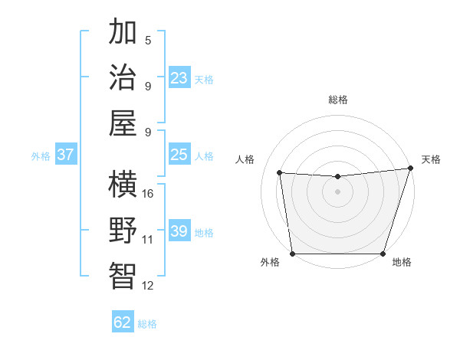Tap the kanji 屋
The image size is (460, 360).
point(123,123)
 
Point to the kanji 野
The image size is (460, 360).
point(123,230)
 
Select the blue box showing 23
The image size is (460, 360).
point(179,78)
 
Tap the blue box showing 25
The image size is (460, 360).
point(179,155)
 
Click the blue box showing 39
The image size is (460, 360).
point(179,231)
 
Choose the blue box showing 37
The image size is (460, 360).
point(65,155)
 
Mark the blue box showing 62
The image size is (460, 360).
point(123,322)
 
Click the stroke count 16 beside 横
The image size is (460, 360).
point(148,193)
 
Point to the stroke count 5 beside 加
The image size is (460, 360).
point(148,40)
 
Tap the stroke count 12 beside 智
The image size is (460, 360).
point(148,286)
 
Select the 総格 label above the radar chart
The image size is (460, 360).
point(338,100)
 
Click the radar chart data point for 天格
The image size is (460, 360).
point(410,168)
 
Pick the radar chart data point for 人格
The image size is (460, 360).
point(280,172)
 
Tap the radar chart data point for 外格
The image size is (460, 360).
point(292,254)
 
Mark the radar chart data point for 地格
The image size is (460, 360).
point(383,254)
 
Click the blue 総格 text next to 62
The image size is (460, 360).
point(147,324)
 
